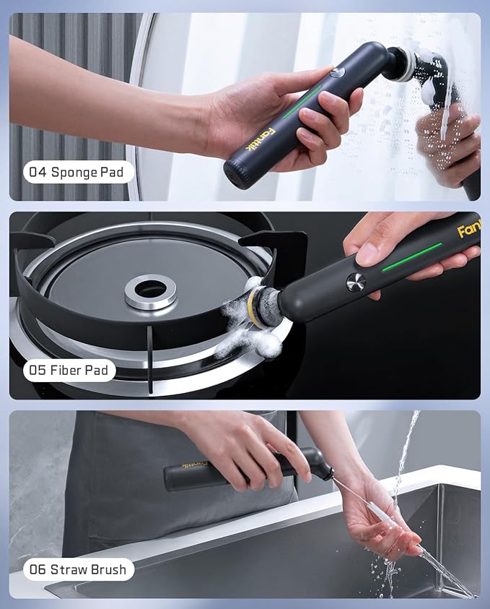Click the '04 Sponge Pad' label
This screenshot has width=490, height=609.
coord(79,173)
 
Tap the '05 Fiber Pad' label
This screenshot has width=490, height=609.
coord(69,371)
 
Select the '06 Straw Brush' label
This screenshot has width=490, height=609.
coord(79,569)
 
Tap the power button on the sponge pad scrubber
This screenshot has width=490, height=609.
coord(338,73)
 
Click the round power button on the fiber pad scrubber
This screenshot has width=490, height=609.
coord(355,282)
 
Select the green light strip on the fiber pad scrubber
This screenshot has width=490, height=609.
coord(411,257)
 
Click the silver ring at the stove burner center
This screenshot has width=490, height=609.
coord(151,290)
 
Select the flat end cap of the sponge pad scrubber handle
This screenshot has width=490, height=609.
coord(235,174)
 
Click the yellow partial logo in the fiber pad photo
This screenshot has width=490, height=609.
coord(468,231)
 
